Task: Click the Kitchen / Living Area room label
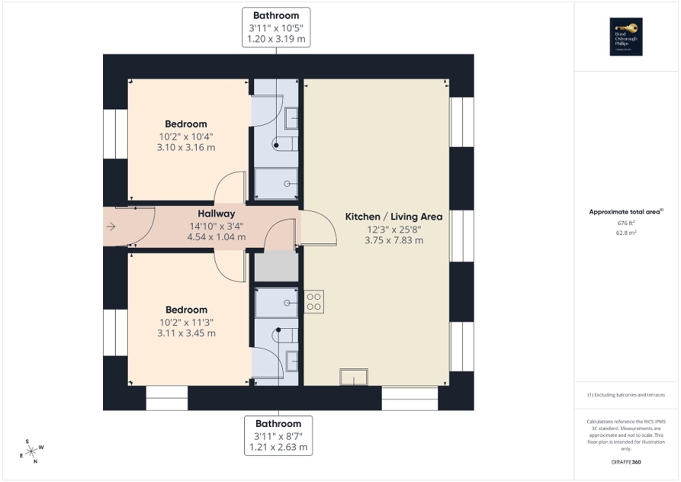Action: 393,217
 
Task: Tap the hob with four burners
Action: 314,301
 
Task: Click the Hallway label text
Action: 216,213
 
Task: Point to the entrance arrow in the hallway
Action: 111,227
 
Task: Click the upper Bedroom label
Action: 186,124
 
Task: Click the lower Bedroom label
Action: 186,310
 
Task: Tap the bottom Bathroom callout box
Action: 278,435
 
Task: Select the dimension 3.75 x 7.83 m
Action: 394,240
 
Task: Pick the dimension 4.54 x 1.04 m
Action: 216,237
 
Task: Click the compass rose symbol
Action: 32,450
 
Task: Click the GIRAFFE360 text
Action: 627,462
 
